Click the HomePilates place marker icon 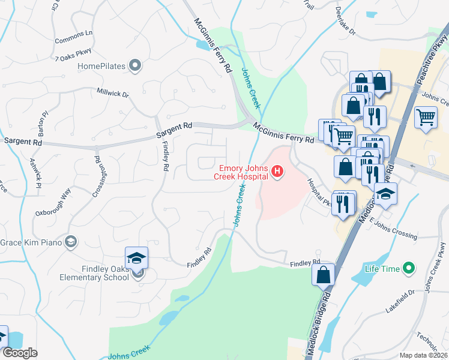tap(135, 65)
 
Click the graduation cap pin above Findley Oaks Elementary tap(136, 258)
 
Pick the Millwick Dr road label tap(113, 94)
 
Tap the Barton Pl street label tap(43, 123)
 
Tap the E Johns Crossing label tap(394, 228)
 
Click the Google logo tap(20, 353)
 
